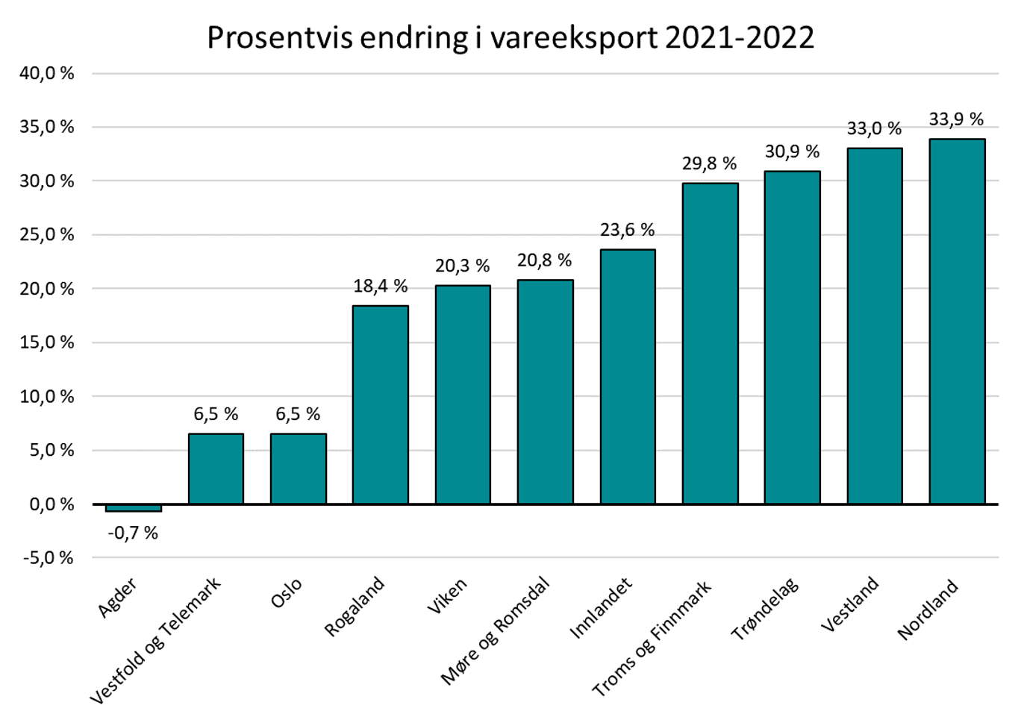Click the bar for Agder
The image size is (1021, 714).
(x=134, y=507)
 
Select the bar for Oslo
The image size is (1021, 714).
(x=298, y=469)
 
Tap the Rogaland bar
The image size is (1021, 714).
(x=381, y=404)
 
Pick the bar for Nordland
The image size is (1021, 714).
(x=957, y=321)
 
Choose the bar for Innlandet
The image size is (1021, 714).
(x=628, y=376)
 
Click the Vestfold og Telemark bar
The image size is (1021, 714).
(x=216, y=469)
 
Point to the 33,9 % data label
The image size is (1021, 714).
(x=956, y=119)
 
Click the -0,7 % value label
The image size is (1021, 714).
(x=133, y=533)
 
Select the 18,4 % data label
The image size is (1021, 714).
(x=381, y=286)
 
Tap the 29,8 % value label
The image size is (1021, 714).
(x=709, y=163)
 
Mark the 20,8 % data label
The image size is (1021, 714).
(x=545, y=260)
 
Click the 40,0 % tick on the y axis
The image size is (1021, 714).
(x=47, y=73)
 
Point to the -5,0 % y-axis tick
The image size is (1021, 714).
(x=47, y=558)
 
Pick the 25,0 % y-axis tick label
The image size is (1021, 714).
(x=47, y=235)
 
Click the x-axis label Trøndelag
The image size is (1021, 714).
(x=764, y=609)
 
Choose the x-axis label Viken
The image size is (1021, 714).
(x=446, y=596)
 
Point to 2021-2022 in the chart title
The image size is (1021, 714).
(x=739, y=37)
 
